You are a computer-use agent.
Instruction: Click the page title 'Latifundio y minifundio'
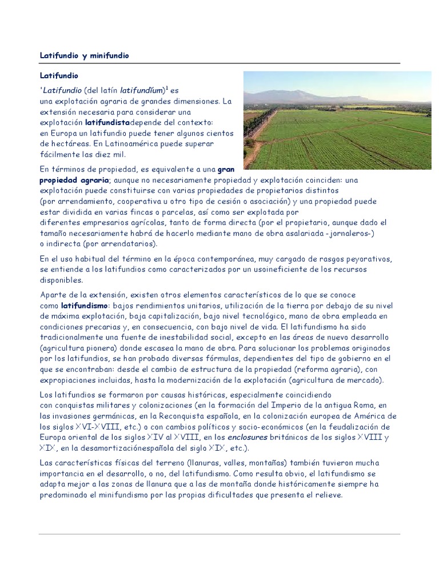(x=85, y=55)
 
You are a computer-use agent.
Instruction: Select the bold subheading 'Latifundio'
(x=58, y=75)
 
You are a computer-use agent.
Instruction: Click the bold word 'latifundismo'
(x=85, y=305)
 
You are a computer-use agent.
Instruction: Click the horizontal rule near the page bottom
(x=219, y=534)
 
